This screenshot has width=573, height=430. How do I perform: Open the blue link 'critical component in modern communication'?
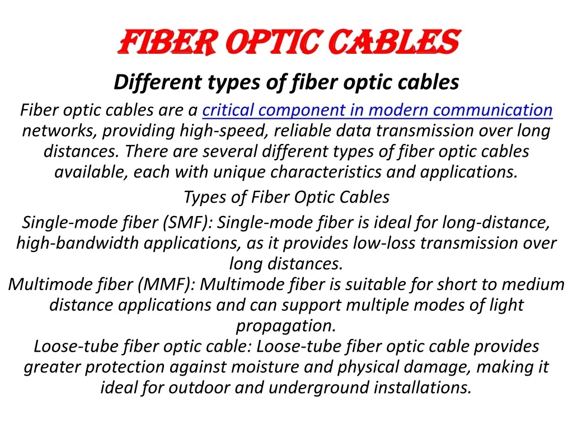point(377,110)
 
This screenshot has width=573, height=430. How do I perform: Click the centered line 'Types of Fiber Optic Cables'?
point(286,197)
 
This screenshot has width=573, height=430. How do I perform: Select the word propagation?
point(286,325)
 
